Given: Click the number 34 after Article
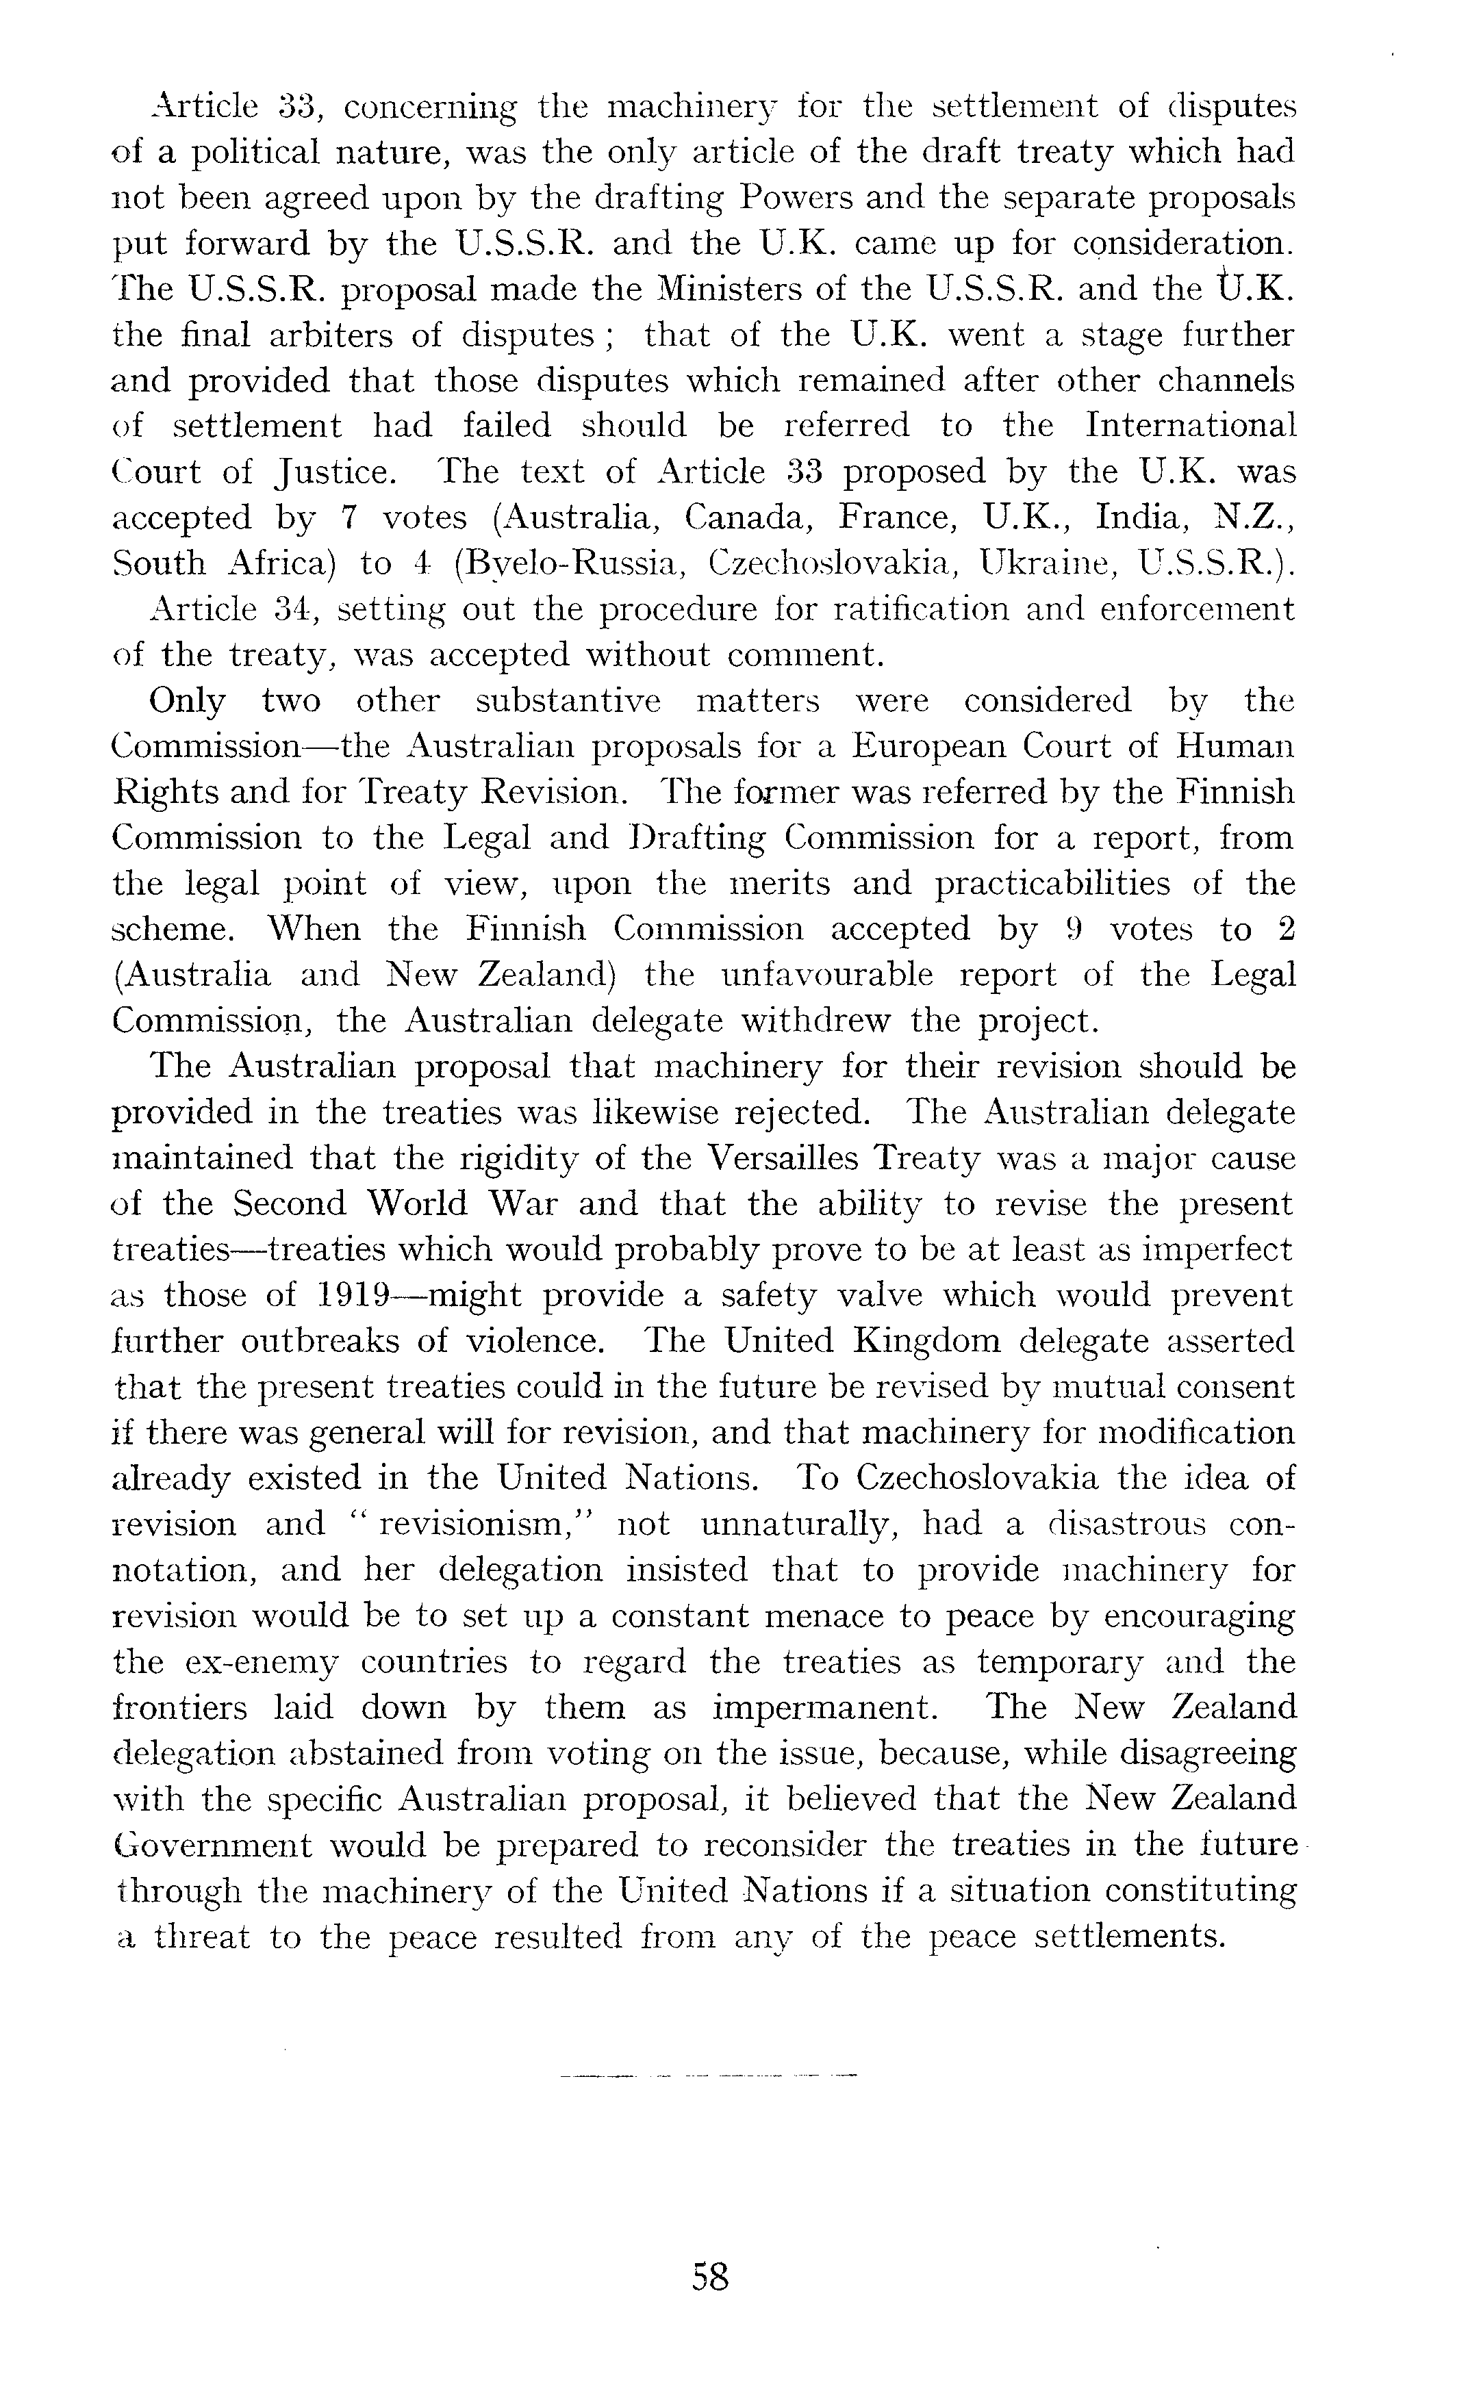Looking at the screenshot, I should coord(294,609).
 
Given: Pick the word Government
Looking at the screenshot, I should coord(211,1845).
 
